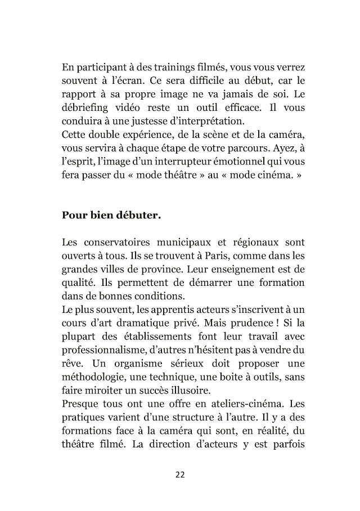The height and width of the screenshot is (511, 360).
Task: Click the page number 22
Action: tap(180, 474)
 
